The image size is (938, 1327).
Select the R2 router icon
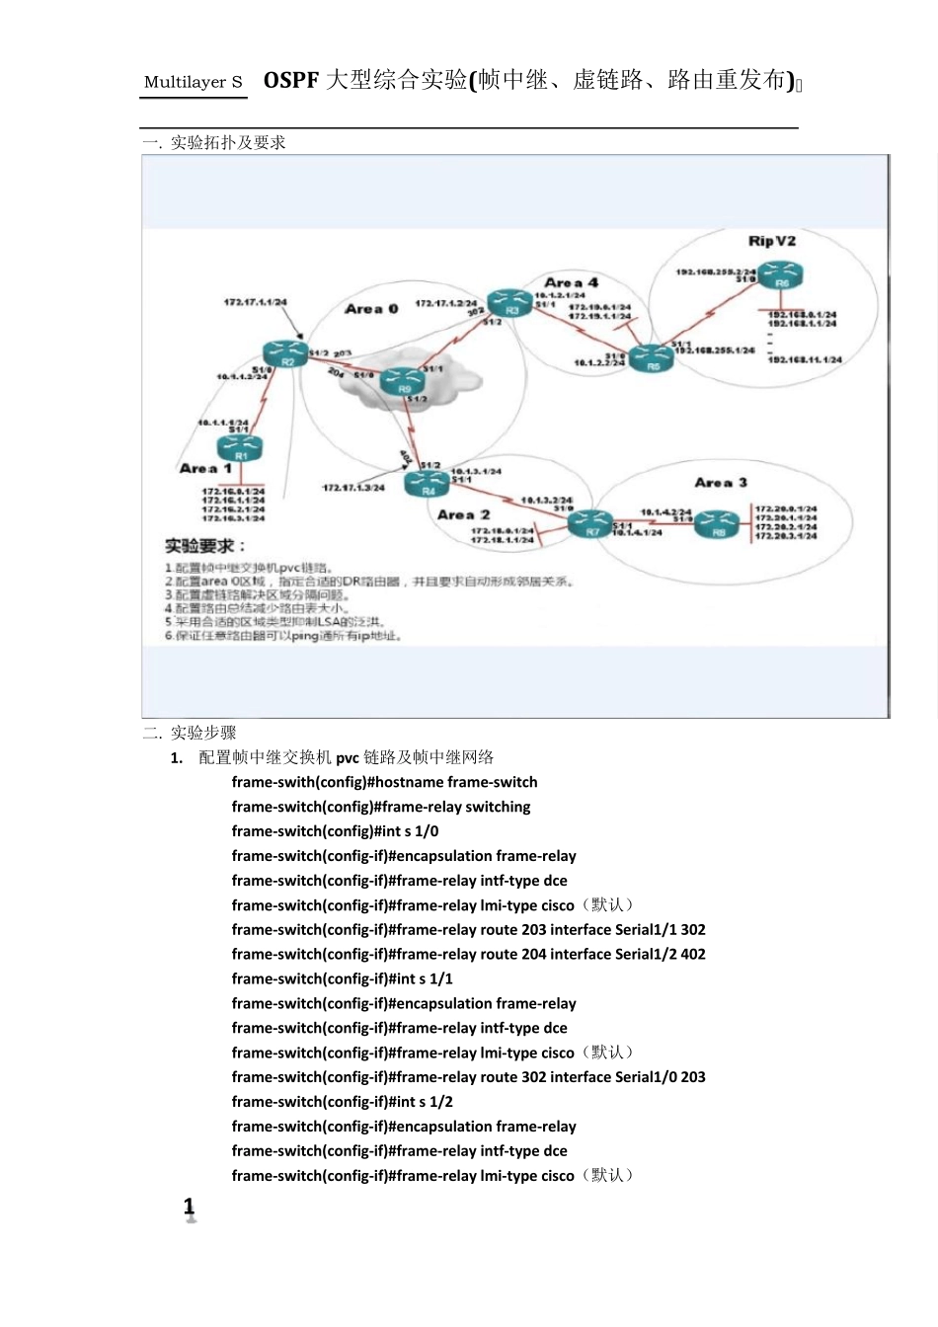point(286,353)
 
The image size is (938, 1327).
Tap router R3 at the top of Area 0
point(510,303)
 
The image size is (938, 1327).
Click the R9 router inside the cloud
point(403,381)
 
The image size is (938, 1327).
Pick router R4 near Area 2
point(428,481)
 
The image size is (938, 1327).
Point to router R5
point(652,357)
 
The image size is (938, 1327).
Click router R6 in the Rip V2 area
point(780,275)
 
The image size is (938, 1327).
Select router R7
point(591,523)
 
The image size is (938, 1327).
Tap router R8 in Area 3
point(718,523)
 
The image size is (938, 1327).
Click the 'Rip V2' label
point(771,241)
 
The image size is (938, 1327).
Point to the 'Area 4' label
point(571,282)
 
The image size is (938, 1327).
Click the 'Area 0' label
point(371,309)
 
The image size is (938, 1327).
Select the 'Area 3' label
point(720,483)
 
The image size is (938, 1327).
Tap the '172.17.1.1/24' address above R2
point(255,302)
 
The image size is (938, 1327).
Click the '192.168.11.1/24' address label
point(805,360)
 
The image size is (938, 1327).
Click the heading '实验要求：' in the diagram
point(204,546)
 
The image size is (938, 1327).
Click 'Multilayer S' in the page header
point(194,82)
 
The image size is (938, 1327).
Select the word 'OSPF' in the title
point(290,80)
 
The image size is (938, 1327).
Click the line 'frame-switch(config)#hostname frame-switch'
point(384,782)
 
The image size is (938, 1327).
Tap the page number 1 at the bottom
point(190,1207)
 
